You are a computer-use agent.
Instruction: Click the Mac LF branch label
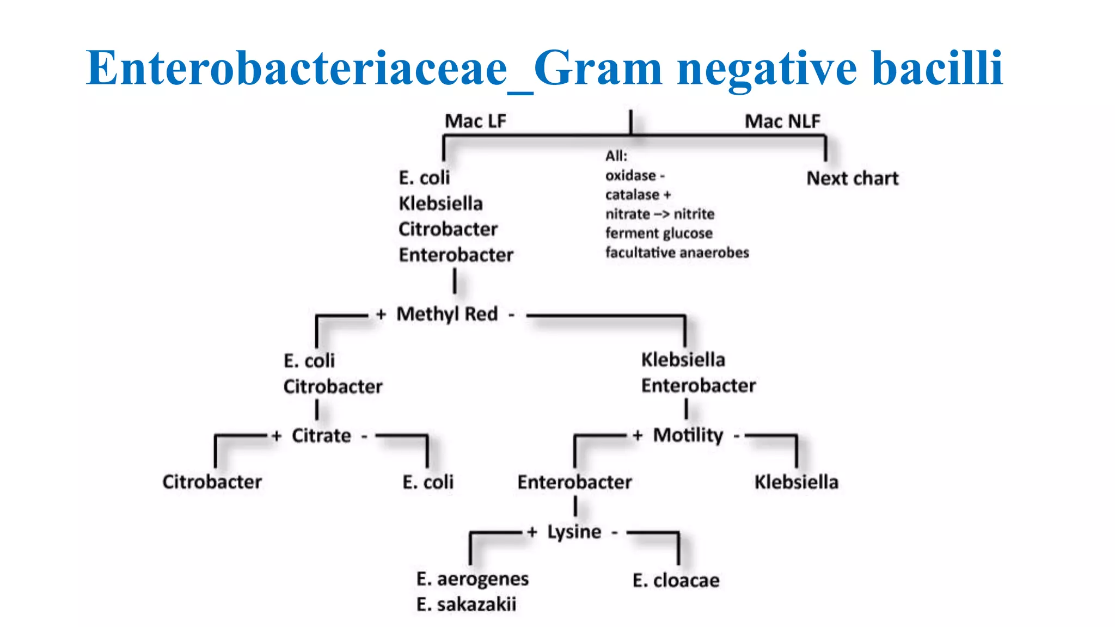click(x=475, y=121)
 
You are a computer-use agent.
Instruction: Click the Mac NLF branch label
click(x=782, y=121)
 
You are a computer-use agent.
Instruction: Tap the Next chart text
click(x=852, y=179)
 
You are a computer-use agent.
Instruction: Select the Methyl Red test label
click(x=447, y=314)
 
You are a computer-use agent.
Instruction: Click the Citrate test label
click(x=321, y=435)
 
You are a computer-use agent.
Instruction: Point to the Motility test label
click(x=688, y=435)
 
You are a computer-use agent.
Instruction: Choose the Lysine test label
click(x=574, y=532)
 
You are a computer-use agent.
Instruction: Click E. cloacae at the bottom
click(x=676, y=580)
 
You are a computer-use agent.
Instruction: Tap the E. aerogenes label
click(x=472, y=579)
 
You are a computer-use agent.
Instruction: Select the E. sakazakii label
click(x=466, y=604)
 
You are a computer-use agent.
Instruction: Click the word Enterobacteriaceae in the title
click(x=296, y=69)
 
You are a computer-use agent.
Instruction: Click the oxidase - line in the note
click(x=635, y=175)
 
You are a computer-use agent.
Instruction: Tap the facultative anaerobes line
click(x=677, y=253)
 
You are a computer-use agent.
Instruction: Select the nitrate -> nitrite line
click(x=659, y=214)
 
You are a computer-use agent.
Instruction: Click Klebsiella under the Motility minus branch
click(x=796, y=482)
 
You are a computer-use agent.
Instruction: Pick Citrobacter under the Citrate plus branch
click(x=212, y=482)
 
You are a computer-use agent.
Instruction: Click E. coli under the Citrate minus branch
click(x=428, y=482)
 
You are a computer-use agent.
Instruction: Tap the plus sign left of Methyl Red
click(x=381, y=315)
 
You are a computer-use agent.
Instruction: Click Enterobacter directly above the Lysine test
click(x=574, y=482)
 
